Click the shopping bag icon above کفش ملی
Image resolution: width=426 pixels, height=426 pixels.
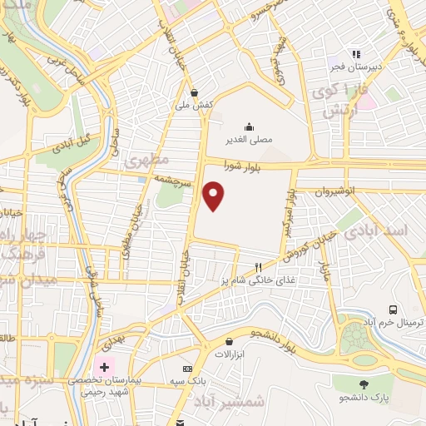(194, 92)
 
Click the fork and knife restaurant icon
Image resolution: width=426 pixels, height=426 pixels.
(258, 267)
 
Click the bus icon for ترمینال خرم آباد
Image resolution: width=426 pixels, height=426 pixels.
(392, 310)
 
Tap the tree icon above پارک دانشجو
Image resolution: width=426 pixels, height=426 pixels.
(363, 384)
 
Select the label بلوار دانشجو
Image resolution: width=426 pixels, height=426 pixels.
(278, 338)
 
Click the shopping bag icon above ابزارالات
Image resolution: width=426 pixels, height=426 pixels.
(229, 341)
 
